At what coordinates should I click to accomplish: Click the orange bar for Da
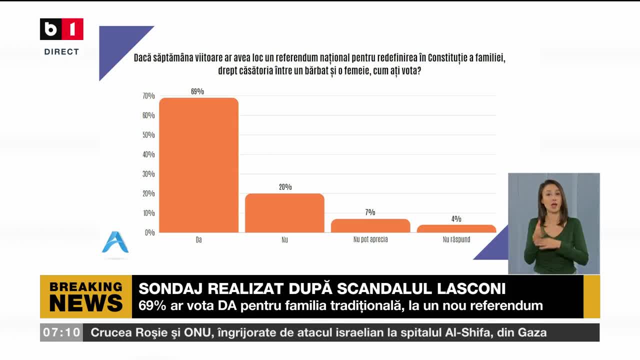point(199,165)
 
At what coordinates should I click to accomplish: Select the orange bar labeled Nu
point(285,213)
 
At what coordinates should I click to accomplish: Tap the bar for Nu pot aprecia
point(370,225)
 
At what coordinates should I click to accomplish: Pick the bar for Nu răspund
point(456,228)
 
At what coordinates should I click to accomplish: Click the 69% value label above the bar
point(197,91)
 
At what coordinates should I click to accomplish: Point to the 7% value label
point(370,212)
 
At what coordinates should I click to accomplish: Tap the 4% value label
point(456,219)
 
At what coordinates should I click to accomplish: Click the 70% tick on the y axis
point(148,95)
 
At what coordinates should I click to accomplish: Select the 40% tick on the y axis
point(148,154)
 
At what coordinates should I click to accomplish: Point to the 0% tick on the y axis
point(149,232)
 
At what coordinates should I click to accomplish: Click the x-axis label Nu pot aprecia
point(370,239)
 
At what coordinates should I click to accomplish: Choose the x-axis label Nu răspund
point(456,239)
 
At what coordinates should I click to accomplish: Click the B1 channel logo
point(61,29)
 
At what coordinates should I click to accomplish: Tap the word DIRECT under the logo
point(61,51)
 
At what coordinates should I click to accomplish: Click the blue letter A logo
point(115,242)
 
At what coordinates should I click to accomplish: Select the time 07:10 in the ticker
point(61,332)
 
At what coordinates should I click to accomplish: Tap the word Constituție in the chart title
point(447,58)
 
